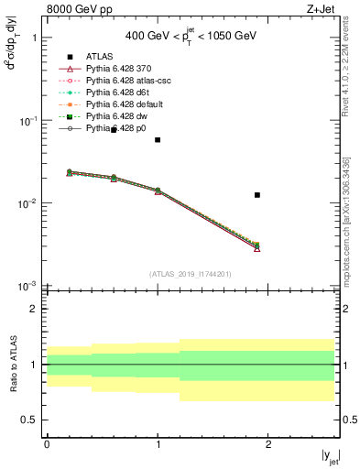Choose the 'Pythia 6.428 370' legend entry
[116, 69]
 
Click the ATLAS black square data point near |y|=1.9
[257, 194]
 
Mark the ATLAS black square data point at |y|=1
[158, 140]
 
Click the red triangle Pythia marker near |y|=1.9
[257, 248]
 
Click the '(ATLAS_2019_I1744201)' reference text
[191, 274]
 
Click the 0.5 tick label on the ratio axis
[30, 420]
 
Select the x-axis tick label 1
[158, 444]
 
